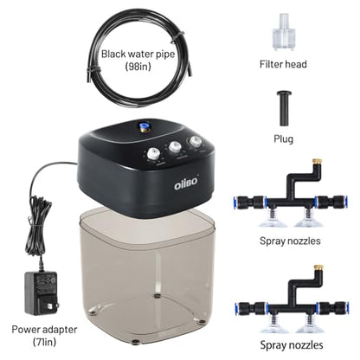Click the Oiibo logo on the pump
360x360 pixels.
pos(186,183)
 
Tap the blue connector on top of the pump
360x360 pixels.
pos(144,126)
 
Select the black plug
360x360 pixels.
pos(284,108)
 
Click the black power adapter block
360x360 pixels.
pos(42,292)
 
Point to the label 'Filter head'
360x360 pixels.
pos(283,64)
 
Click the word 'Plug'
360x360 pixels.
pos(284,139)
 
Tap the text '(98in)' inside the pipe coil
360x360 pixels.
pos(138,67)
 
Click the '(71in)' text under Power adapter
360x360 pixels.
pos(44,342)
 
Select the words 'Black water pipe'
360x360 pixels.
pos(138,54)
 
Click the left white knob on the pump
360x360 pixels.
pos(153,153)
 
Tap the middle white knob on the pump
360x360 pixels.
pos(175,147)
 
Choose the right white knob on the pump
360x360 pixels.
pos(195,141)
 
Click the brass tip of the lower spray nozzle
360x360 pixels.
pos(318,267)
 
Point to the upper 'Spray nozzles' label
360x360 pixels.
pos(290,241)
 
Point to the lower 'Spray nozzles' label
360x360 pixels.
pos(292,344)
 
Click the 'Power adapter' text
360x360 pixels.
pos(44,330)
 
